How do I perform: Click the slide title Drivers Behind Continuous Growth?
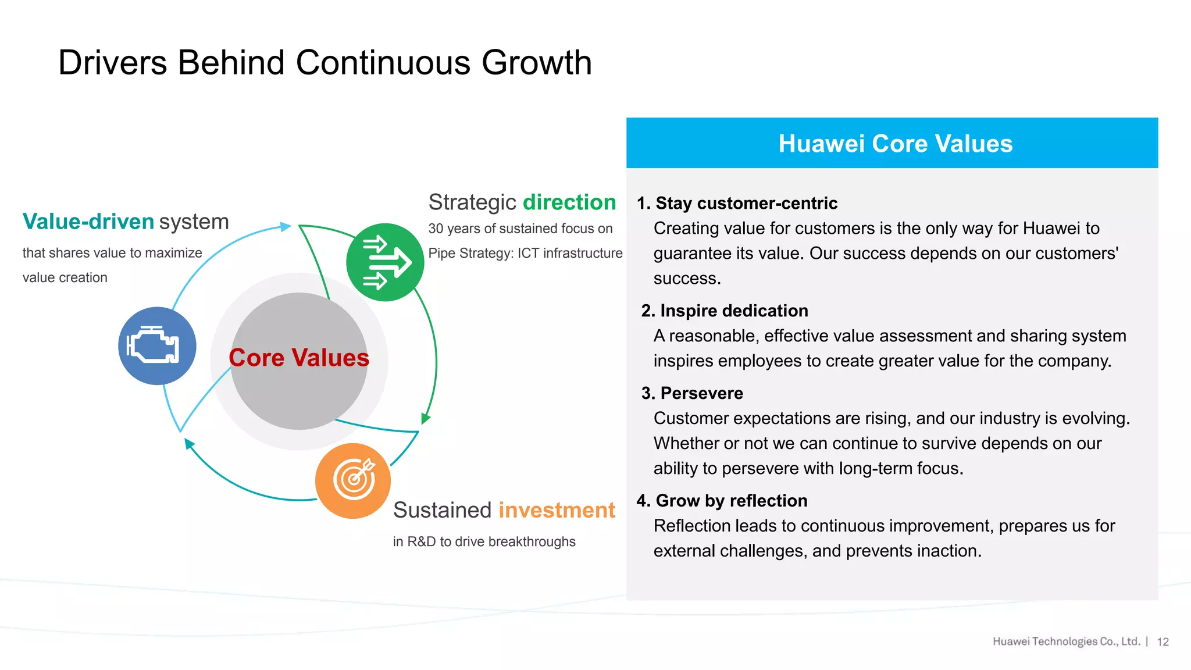(x=325, y=63)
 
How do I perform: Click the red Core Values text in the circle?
(x=299, y=358)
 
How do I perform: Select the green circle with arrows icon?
(x=384, y=262)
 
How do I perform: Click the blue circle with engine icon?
(x=157, y=345)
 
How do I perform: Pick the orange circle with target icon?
(x=353, y=480)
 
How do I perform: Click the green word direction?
(x=569, y=202)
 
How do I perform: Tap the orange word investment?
(x=557, y=510)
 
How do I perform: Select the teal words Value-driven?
(x=88, y=222)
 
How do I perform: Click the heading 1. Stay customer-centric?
(x=737, y=203)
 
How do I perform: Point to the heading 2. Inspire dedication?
(x=725, y=311)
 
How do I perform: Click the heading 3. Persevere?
(x=692, y=393)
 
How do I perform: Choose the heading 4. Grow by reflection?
(x=722, y=501)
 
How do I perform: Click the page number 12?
(x=1163, y=642)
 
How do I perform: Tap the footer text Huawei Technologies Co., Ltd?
(x=1066, y=642)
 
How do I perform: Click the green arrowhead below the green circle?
(x=425, y=418)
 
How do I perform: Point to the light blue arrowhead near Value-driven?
(x=286, y=226)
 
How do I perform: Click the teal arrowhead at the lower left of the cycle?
(x=188, y=444)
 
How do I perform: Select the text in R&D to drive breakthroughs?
(x=484, y=541)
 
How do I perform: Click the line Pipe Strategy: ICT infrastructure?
(x=525, y=253)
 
